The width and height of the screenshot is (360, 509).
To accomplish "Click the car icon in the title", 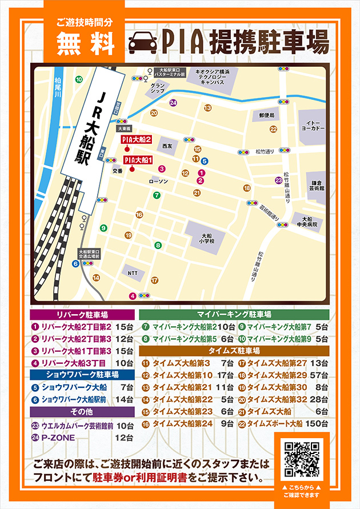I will click(143, 42).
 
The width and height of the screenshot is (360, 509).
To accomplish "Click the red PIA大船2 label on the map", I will click(137, 139).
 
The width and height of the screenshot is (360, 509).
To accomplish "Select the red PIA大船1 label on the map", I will click(138, 160).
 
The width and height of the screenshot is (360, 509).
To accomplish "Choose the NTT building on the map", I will click(133, 272).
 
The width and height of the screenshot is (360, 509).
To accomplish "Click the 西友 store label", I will click(167, 146).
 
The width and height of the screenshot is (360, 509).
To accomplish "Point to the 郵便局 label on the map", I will click(266, 115).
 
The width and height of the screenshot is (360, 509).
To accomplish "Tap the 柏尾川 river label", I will click(55, 90).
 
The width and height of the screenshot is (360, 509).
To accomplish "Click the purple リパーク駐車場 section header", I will click(82, 315).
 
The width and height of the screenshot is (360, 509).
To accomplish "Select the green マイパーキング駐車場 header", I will click(234, 314).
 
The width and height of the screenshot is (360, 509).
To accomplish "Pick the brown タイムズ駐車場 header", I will click(234, 350).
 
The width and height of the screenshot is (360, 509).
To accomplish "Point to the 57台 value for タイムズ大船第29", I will click(319, 375).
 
